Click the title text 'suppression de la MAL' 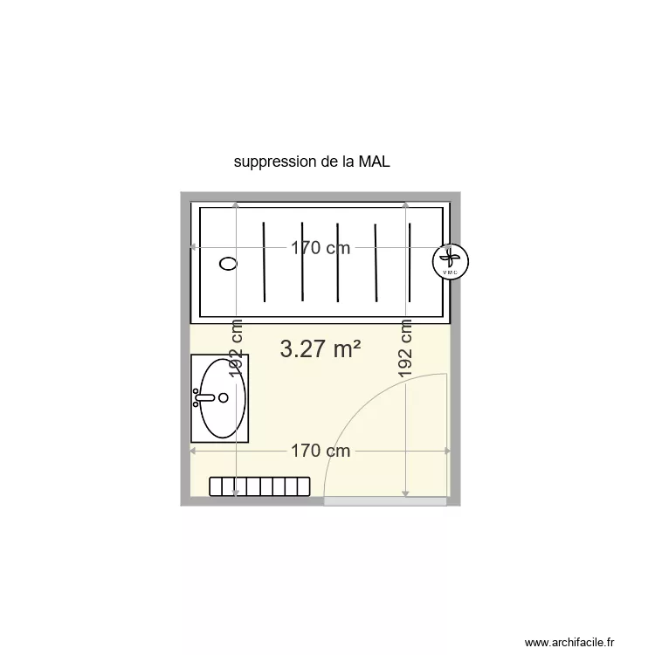[x=311, y=162]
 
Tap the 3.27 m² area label [x=321, y=349]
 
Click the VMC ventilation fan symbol [x=451, y=260]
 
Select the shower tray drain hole [x=229, y=262]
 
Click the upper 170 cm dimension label [x=321, y=248]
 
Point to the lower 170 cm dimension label [x=321, y=451]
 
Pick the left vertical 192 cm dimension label [x=236, y=347]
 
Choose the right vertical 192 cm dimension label [x=406, y=347]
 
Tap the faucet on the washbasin [x=203, y=397]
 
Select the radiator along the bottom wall [x=260, y=486]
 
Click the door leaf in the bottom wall [x=385, y=502]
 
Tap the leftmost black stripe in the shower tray [x=264, y=261]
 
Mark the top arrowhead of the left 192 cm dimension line [x=236, y=205]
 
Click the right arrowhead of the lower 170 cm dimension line [x=447, y=451]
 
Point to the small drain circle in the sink [x=224, y=397]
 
